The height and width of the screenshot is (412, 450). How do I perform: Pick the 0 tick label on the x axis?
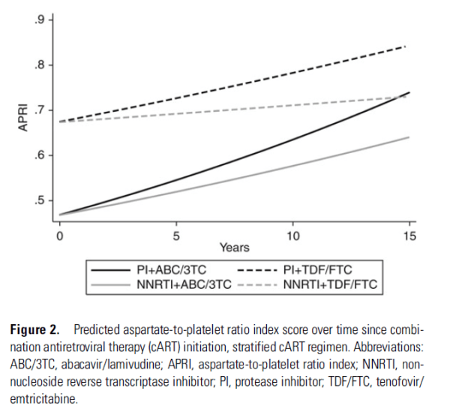[58, 235]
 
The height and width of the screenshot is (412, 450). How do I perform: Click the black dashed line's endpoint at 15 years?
[406, 47]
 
